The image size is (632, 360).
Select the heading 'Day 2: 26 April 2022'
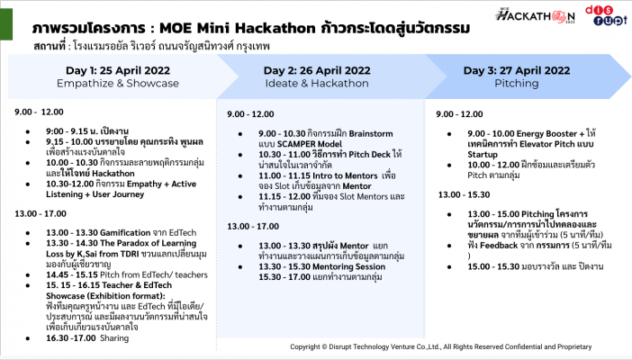click(316, 70)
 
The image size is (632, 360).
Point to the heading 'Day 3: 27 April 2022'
click(517, 70)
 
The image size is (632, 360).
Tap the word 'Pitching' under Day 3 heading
click(517, 84)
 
